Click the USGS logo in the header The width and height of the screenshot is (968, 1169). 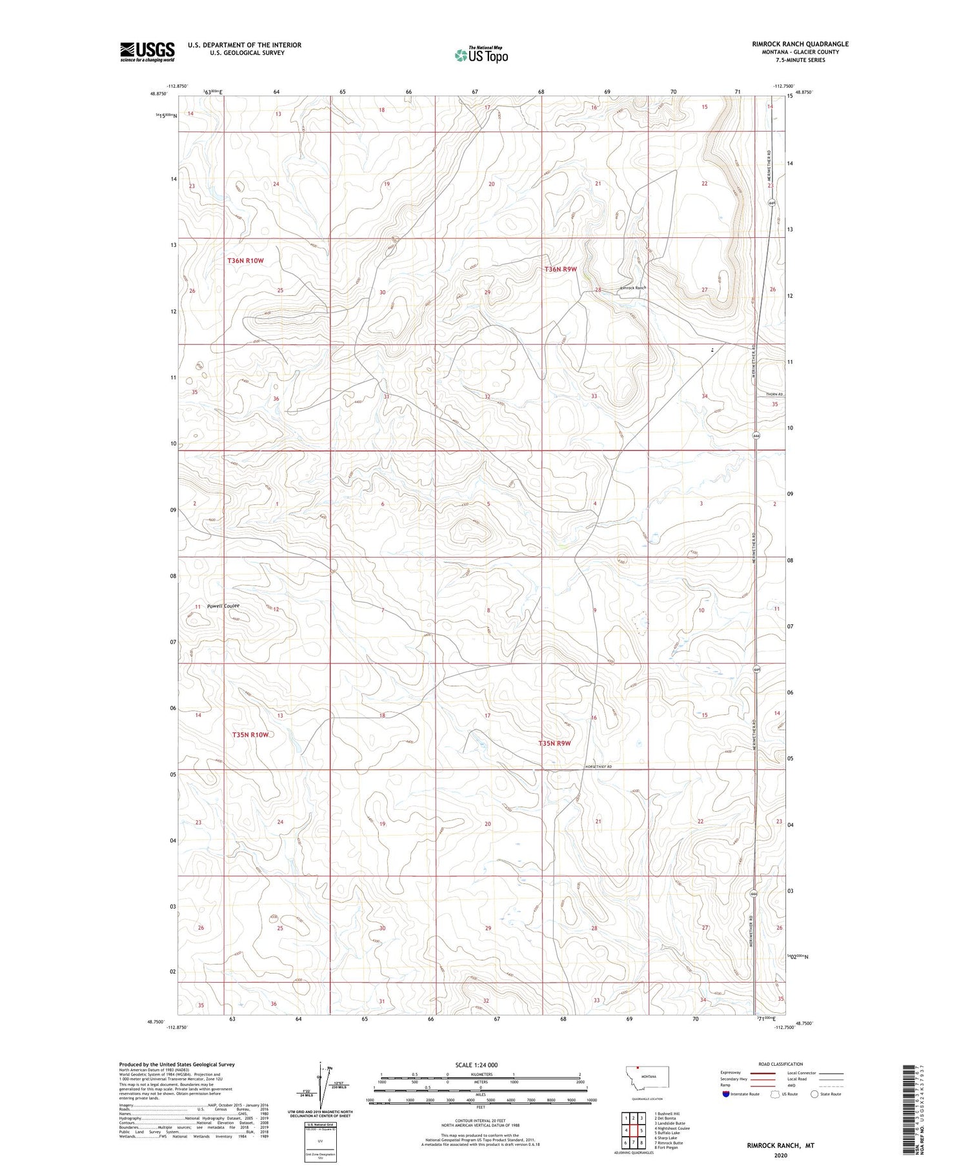(x=147, y=52)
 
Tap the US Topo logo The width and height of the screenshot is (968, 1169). (x=481, y=55)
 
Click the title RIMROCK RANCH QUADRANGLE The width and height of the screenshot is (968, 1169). (x=800, y=44)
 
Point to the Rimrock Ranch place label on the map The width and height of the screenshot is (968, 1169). (x=632, y=288)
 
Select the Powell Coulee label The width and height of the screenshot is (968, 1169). (x=223, y=606)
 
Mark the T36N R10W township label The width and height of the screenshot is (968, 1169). (x=246, y=260)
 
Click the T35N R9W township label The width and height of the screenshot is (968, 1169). (x=555, y=743)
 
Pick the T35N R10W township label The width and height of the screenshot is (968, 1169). (x=250, y=734)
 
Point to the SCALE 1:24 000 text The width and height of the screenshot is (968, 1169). (x=476, y=1065)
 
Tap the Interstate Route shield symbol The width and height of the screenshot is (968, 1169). (x=726, y=1094)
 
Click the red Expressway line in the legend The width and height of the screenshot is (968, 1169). (x=761, y=1073)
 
